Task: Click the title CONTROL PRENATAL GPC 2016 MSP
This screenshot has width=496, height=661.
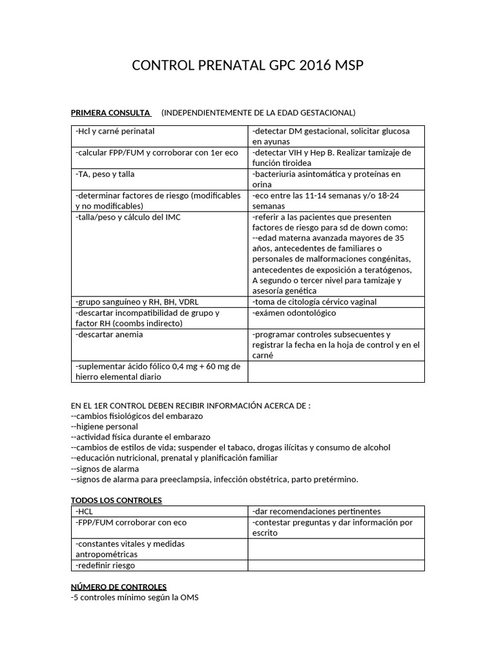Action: (248, 66)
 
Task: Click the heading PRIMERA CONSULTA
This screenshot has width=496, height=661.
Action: (110, 113)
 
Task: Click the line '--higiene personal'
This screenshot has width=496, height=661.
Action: (104, 427)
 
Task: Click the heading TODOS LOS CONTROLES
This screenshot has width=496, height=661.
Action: (116, 500)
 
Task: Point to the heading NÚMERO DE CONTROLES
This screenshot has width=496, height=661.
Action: (119, 587)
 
